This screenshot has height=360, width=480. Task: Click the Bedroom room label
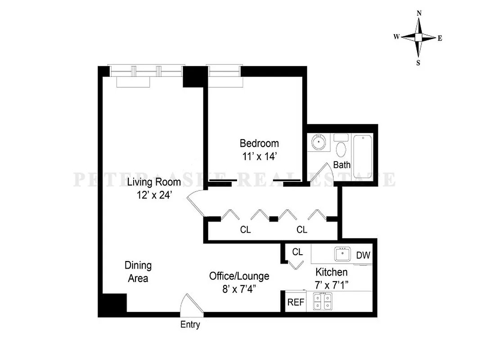(259, 144)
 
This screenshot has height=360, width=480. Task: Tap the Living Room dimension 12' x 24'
(154, 195)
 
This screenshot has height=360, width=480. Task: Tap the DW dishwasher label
(363, 255)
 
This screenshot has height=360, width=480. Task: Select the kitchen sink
(342, 254)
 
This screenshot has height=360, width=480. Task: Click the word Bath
(342, 165)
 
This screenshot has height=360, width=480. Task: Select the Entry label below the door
(190, 324)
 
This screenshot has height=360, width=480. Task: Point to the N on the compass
(419, 13)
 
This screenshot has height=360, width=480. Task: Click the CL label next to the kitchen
(297, 252)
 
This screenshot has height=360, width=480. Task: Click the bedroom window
(224, 71)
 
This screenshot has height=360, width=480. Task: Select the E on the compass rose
(440, 38)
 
